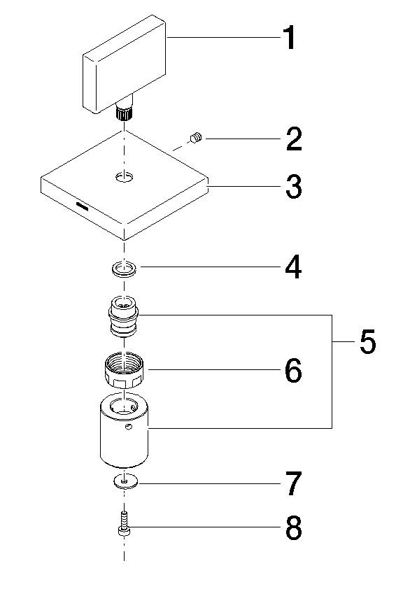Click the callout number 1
pyautogui.click(x=287, y=38)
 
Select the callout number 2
pyautogui.click(x=292, y=140)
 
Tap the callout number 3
pyautogui.click(x=292, y=187)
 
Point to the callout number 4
pyautogui.click(x=292, y=267)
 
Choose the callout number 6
pyautogui.click(x=292, y=371)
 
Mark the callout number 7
pyautogui.click(x=292, y=484)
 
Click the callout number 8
pyautogui.click(x=292, y=529)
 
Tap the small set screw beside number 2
pyautogui.click(x=196, y=139)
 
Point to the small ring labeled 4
pyautogui.click(x=125, y=269)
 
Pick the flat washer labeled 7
pyautogui.click(x=125, y=481)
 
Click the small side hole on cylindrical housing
pyautogui.click(x=128, y=427)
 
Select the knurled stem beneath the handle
pyautogui.click(x=125, y=111)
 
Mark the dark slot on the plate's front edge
pyautogui.click(x=83, y=206)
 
